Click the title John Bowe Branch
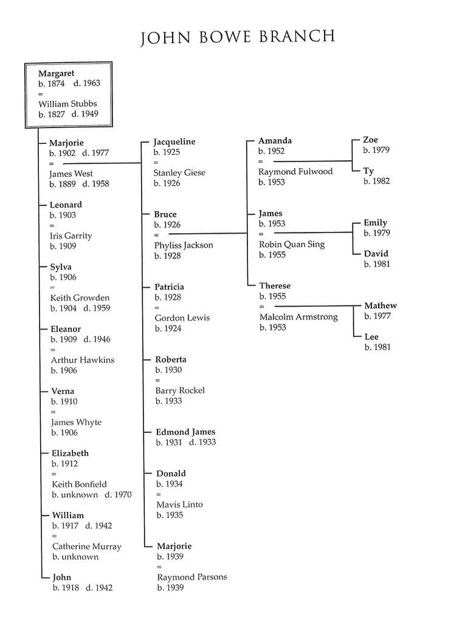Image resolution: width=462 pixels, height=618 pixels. pyautogui.click(x=237, y=37)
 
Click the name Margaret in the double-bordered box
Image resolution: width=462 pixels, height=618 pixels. pyautogui.click(x=56, y=73)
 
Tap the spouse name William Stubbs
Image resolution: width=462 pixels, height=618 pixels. pyautogui.click(x=67, y=104)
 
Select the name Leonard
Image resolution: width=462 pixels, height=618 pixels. pyautogui.click(x=66, y=205)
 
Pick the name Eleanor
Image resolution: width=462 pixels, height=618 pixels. pyautogui.click(x=66, y=329)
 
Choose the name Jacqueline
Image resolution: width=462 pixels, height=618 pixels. pyautogui.click(x=174, y=141)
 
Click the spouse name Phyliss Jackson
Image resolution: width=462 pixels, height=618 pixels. pyautogui.click(x=184, y=245)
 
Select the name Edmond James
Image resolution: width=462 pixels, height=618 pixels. pyautogui.click(x=185, y=432)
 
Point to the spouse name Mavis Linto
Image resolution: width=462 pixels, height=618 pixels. pyautogui.click(x=179, y=504)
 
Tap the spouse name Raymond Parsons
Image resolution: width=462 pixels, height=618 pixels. pyautogui.click(x=192, y=577)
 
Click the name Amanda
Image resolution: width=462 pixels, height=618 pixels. pyautogui.click(x=275, y=141)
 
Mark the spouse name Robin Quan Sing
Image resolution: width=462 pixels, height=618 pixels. pyautogui.click(x=292, y=245)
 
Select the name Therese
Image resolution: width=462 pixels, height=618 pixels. pyautogui.click(x=275, y=286)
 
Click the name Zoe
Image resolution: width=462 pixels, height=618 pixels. pyautogui.click(x=370, y=140)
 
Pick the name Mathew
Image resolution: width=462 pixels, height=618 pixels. pyautogui.click(x=381, y=306)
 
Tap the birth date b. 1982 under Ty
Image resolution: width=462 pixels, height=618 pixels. pyautogui.click(x=376, y=182)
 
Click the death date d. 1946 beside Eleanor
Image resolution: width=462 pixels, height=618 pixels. pyautogui.click(x=97, y=339)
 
